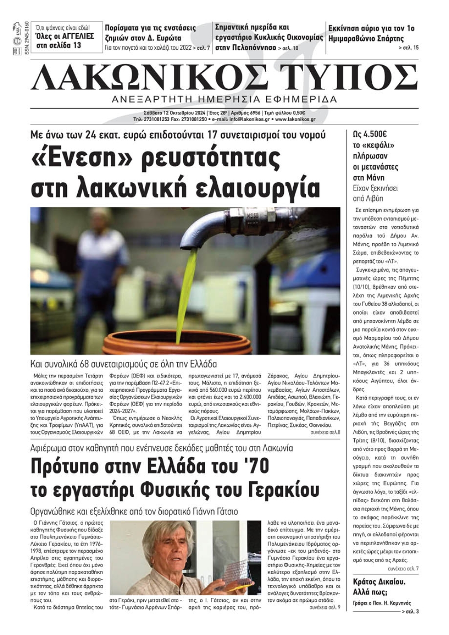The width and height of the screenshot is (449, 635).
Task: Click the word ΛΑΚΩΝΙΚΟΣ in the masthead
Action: [x=148, y=78]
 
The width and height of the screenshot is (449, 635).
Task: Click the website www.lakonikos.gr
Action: [x=295, y=119]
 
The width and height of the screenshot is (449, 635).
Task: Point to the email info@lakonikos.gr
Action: [x=250, y=119]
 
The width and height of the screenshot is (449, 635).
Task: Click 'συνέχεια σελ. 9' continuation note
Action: [x=325, y=608]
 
